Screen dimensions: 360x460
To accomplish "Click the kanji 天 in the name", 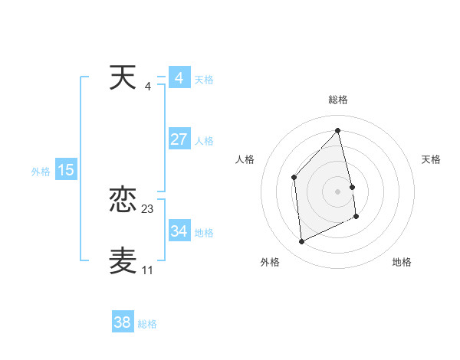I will [x=123, y=77].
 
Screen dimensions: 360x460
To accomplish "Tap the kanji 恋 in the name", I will [x=123, y=201].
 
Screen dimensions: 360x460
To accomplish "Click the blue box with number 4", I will [x=179, y=78].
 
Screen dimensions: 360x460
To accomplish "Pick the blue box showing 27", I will [x=179, y=139].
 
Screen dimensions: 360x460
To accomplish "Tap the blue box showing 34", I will [x=179, y=231].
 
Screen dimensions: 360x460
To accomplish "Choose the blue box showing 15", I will [x=65, y=170].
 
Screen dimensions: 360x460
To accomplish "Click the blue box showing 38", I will [x=123, y=322].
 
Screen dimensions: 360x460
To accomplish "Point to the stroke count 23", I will [x=148, y=208].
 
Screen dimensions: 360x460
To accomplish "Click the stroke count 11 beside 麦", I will [x=147, y=270].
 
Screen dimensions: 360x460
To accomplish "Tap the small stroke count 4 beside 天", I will [x=148, y=86].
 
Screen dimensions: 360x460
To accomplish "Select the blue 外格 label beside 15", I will [x=41, y=172].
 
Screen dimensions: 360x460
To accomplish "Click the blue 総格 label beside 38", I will [x=147, y=324].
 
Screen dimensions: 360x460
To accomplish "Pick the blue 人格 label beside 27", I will [x=204, y=141].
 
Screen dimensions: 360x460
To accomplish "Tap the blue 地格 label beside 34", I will [x=204, y=233].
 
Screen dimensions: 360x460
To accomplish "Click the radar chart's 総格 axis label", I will [x=338, y=100].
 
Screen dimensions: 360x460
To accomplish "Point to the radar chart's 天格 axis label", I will [x=432, y=159].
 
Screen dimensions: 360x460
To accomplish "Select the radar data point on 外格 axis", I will [x=301, y=242].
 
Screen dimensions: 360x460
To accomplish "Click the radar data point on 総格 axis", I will [x=338, y=130].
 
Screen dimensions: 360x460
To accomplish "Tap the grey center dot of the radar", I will [x=338, y=191].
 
